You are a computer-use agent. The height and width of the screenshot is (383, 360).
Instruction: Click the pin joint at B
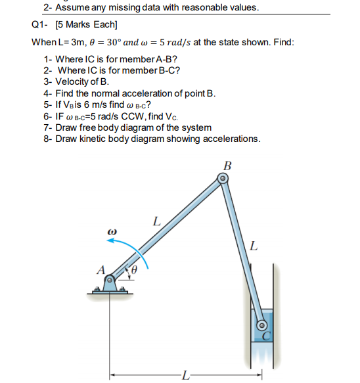click(x=223, y=179)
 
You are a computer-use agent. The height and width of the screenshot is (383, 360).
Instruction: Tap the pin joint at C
click(x=261, y=325)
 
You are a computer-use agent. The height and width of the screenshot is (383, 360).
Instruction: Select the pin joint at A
click(x=110, y=279)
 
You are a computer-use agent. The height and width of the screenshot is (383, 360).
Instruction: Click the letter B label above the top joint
click(x=227, y=166)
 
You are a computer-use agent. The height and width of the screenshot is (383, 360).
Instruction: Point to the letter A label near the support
click(x=101, y=270)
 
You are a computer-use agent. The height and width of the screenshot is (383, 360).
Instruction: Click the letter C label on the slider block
click(x=267, y=336)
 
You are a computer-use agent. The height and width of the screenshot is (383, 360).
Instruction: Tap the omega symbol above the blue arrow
click(x=112, y=231)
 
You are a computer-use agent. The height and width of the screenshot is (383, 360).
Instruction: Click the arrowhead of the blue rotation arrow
click(x=110, y=240)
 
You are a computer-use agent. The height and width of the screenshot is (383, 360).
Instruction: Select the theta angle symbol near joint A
click(x=134, y=270)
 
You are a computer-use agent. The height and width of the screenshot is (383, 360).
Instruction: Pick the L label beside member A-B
click(x=157, y=221)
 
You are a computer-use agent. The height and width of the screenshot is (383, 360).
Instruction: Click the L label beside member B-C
click(x=254, y=246)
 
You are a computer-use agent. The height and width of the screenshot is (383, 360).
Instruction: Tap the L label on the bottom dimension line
click(x=186, y=375)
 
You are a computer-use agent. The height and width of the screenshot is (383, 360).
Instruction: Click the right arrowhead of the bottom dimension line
click(x=259, y=374)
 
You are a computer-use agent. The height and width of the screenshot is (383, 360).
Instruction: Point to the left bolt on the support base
click(x=97, y=290)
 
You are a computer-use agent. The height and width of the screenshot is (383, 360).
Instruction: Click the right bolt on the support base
click(x=123, y=290)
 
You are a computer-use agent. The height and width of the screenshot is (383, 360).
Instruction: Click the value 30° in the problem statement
click(x=114, y=42)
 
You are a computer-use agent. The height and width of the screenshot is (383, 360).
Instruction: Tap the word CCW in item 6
click(x=134, y=116)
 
